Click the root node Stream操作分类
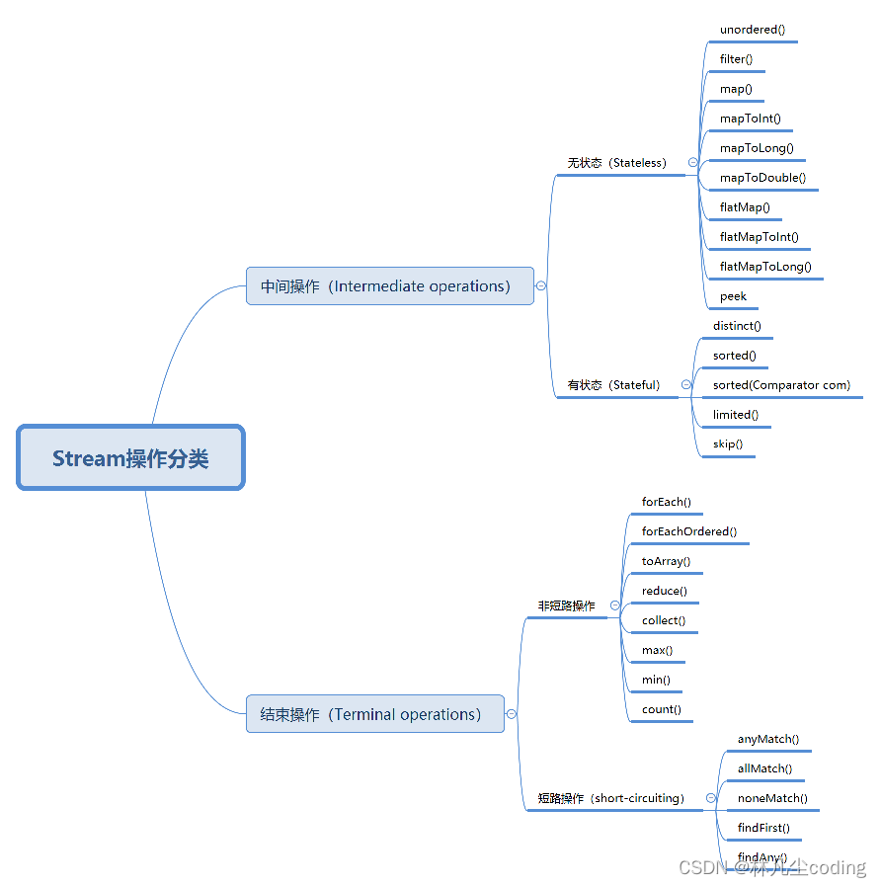(130, 457)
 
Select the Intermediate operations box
(389, 286)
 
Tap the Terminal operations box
(374, 714)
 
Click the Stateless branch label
(616, 163)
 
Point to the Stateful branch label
(613, 385)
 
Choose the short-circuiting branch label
(610, 798)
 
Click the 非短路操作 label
(566, 605)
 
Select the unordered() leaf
(753, 30)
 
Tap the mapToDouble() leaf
(762, 178)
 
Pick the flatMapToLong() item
(765, 267)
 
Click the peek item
(733, 296)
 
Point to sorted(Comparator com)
(781, 385)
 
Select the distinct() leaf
(737, 326)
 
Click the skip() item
(728, 444)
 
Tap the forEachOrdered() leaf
(688, 531)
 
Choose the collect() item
(664, 620)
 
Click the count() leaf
(661, 709)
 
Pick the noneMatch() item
(772, 798)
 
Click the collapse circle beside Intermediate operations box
(541, 285)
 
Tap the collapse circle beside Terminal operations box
(512, 714)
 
